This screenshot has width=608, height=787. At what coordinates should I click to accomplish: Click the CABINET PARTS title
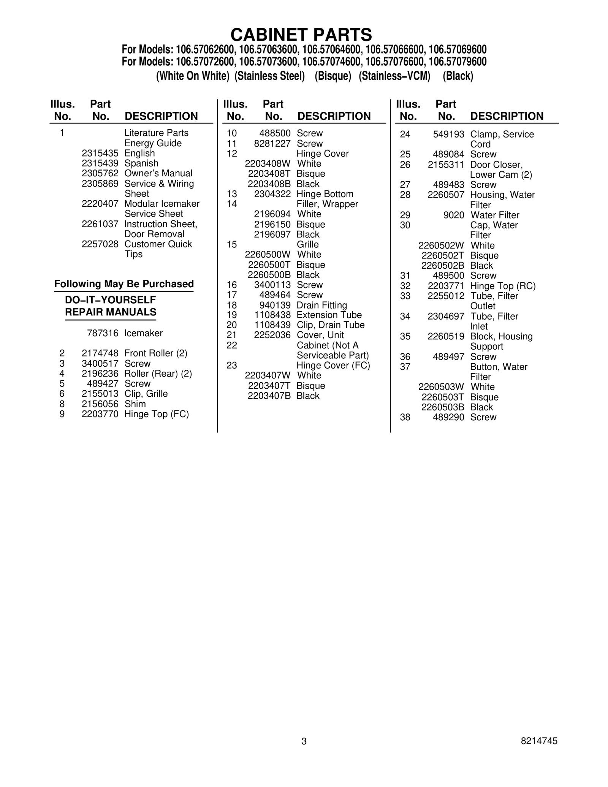(x=301, y=35)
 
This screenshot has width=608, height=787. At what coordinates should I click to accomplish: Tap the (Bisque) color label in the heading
(x=333, y=76)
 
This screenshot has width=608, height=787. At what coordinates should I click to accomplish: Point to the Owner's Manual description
(x=158, y=174)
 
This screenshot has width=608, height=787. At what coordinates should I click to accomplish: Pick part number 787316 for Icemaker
(x=103, y=333)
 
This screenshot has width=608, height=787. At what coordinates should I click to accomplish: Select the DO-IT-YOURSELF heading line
(x=111, y=300)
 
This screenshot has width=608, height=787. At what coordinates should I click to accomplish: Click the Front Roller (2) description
(x=156, y=353)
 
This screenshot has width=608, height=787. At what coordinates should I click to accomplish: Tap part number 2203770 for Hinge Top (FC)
(x=100, y=414)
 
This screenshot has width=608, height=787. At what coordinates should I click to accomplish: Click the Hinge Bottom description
(x=325, y=194)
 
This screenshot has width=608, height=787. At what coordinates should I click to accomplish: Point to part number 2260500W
(x=268, y=255)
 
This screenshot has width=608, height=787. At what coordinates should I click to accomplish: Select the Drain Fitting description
(x=322, y=305)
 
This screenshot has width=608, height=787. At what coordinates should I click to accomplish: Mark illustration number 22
(x=232, y=345)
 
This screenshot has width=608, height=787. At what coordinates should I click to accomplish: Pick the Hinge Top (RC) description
(x=503, y=286)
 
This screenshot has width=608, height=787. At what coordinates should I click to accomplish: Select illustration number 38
(x=405, y=418)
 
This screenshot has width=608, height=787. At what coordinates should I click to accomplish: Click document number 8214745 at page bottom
(x=539, y=741)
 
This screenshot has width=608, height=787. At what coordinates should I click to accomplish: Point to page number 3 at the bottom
(x=304, y=741)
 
